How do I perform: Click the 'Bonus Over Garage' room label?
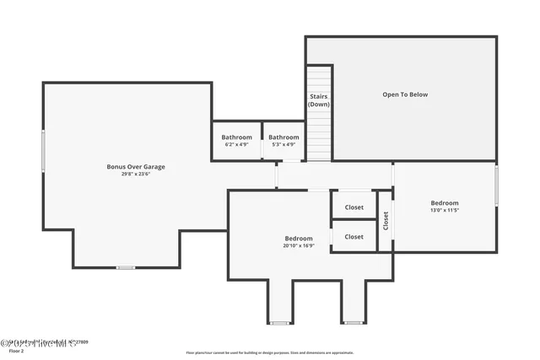[x=136, y=167]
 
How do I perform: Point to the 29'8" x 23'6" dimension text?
[x=136, y=175]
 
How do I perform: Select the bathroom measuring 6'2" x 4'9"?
[x=236, y=140]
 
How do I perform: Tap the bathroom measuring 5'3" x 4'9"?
[x=283, y=140]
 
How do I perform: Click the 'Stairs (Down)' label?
[x=319, y=100]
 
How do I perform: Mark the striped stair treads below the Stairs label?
[x=319, y=135]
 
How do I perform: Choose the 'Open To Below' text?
[x=405, y=94]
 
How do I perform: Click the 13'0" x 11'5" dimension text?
[x=445, y=211]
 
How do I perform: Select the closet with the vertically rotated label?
[x=386, y=221]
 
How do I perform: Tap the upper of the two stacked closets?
[x=354, y=207]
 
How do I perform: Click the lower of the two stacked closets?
[x=354, y=237]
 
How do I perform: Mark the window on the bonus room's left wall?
[x=44, y=151]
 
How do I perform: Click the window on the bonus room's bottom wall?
[x=125, y=267]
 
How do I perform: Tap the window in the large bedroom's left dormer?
[x=280, y=322]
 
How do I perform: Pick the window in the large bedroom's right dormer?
[x=354, y=322]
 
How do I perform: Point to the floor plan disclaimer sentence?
[x=269, y=352]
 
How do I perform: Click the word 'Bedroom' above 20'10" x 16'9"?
[x=299, y=239]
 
